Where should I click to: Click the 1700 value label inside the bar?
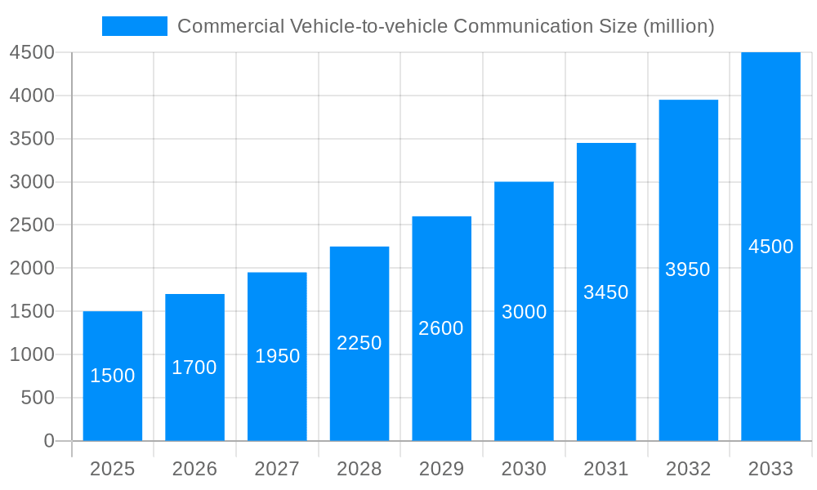pos(194,367)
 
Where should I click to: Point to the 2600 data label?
pos(441,328)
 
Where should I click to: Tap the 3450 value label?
pos(606,292)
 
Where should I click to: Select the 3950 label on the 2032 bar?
pos(688,269)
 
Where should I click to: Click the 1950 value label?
pos(277,356)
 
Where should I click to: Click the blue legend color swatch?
pos(135,26)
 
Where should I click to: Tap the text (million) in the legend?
pos(679,26)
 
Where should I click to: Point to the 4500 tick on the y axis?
pos(32,52)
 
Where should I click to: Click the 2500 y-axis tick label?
pos(32,225)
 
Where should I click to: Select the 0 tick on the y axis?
pos(48,441)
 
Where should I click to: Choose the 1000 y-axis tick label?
pos(32,354)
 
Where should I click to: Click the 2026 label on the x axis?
pos(194,469)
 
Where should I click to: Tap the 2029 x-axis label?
pos(441,469)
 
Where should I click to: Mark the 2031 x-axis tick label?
pos(606,469)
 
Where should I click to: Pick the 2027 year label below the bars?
pos(277,469)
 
